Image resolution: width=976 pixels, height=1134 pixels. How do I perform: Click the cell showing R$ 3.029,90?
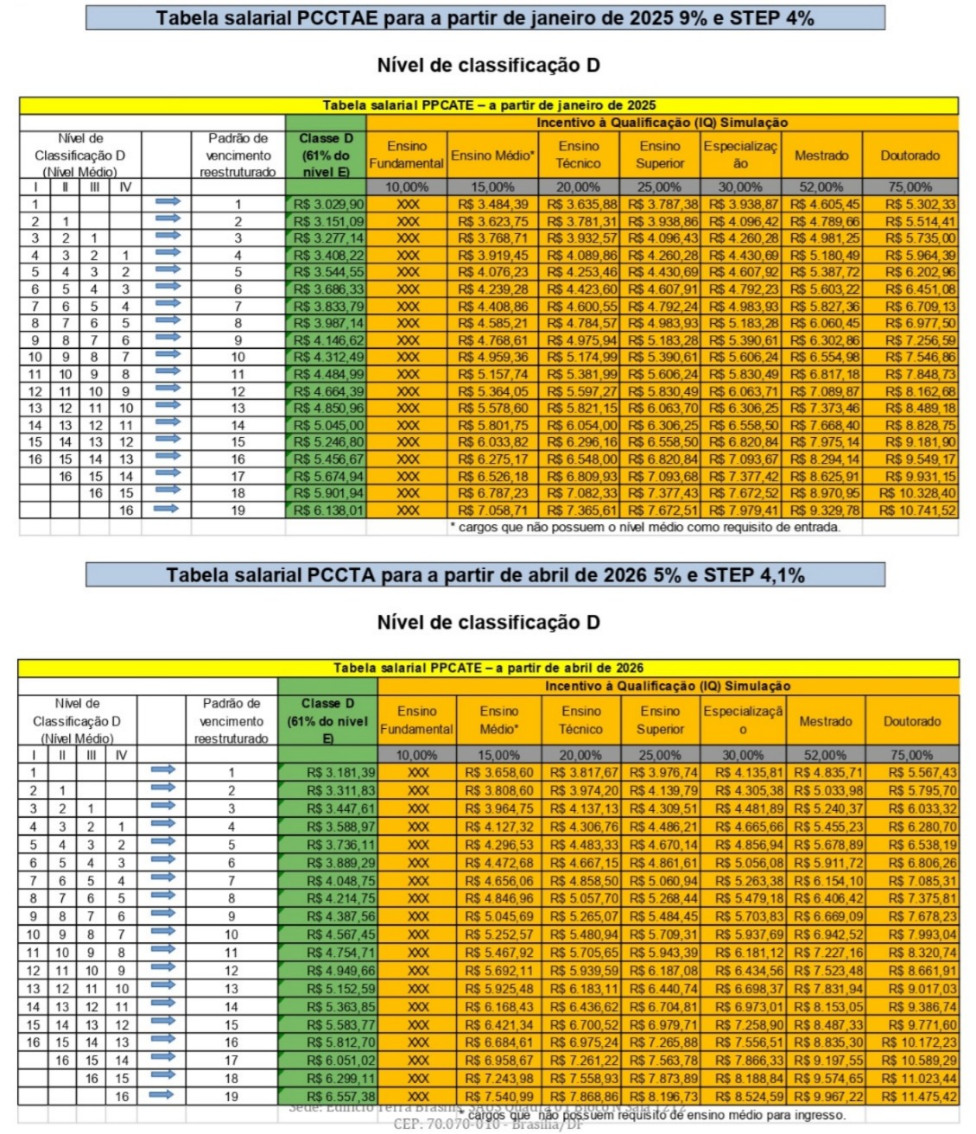(x=327, y=205)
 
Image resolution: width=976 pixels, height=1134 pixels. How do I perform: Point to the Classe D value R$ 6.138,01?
(x=327, y=510)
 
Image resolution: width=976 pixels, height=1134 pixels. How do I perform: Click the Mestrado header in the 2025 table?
(x=821, y=155)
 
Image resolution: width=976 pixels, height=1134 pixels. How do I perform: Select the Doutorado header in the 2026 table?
(x=911, y=721)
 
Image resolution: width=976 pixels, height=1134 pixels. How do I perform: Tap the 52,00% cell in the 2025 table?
(x=821, y=187)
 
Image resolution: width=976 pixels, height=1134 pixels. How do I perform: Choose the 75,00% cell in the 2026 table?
(x=911, y=755)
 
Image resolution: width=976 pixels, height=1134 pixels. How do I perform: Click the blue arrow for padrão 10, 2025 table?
(x=167, y=356)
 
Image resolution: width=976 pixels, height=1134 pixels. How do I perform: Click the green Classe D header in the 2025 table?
(x=326, y=155)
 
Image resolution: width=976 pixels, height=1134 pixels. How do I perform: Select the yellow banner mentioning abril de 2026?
(x=488, y=668)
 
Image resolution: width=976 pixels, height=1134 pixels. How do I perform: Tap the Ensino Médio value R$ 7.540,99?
(x=498, y=1097)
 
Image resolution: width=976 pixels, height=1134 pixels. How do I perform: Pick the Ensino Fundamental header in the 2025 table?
(x=406, y=155)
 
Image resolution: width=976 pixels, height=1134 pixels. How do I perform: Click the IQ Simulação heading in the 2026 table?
(x=667, y=686)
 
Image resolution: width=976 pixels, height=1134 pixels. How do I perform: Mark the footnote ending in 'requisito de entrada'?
(x=644, y=527)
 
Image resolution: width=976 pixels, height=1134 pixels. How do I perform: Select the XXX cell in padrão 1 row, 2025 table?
(x=407, y=205)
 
